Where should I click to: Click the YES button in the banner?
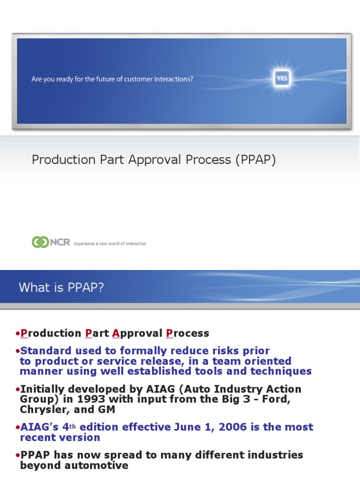pyautogui.click(x=282, y=79)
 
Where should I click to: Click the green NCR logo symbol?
pyautogui.click(x=40, y=242)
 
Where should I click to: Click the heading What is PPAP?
pyautogui.click(x=61, y=287)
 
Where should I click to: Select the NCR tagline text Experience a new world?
pyautogui.click(x=110, y=244)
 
